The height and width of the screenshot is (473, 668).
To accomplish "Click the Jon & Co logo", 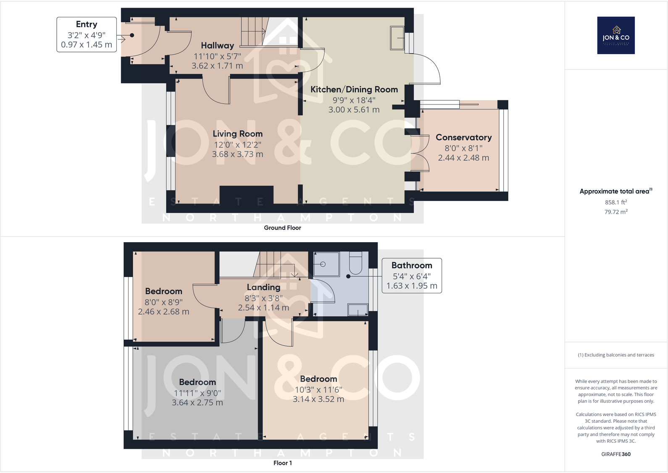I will (x=615, y=35).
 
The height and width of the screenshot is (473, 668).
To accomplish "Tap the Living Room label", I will (x=237, y=134).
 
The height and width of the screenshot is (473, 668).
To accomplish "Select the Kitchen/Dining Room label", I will (x=354, y=89).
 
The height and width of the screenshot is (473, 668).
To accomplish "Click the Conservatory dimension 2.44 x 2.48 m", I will (x=463, y=158).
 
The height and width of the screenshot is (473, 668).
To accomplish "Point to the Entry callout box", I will (x=87, y=34).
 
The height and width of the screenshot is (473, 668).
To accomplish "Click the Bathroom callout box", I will (x=412, y=275).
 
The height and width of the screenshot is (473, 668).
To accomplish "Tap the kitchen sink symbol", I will (x=397, y=38).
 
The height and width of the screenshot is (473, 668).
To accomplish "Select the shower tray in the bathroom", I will (x=326, y=264).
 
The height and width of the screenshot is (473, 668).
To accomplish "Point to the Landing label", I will (x=263, y=287).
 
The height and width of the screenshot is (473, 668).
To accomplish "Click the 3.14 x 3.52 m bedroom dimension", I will (x=318, y=399).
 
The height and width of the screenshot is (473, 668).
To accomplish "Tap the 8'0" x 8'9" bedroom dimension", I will (x=163, y=302).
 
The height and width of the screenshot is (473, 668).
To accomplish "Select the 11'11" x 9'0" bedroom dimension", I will (x=197, y=393).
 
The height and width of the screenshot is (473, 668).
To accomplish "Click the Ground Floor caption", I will (x=282, y=228).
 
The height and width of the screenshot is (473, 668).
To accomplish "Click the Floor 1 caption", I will (x=282, y=463).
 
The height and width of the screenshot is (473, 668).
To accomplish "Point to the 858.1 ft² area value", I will (x=615, y=202).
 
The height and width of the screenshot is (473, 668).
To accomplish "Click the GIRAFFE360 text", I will (x=615, y=454).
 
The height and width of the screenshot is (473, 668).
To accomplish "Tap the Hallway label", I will (x=217, y=46).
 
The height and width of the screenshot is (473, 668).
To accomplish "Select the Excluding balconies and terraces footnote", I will (x=616, y=355).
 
